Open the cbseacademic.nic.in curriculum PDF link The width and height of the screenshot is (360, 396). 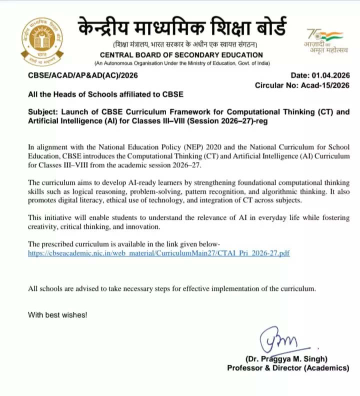[159, 253]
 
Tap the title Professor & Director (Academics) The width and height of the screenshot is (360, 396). [288, 368]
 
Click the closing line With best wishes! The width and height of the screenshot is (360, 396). [57, 315]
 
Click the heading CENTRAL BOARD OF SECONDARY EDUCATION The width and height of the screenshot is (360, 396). [181, 55]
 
